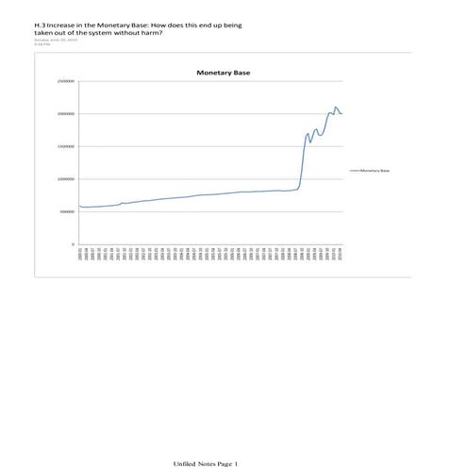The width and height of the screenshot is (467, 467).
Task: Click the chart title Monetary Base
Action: [223, 72]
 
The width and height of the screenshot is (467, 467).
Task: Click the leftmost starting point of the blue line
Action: [80, 206]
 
